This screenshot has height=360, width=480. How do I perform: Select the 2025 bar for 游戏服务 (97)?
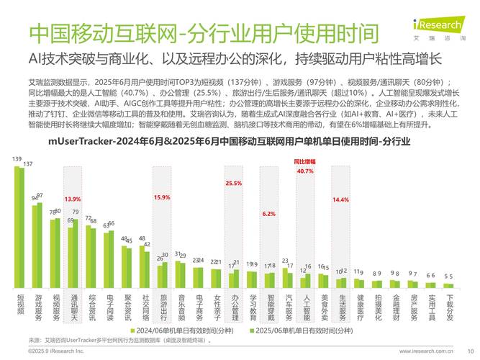tap(40, 246)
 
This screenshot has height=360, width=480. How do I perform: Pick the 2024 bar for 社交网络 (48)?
tap(142, 267)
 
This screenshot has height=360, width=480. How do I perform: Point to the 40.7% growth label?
tap(305, 171)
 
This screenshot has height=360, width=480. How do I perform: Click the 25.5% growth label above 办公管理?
tap(233, 184)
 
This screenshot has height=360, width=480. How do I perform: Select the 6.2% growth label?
tap(269, 214)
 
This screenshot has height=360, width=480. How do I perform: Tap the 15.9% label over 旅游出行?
tap(161, 197)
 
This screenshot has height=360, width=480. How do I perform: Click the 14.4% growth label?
tap(340, 199)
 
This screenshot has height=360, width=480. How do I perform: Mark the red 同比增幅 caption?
tap(305, 162)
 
